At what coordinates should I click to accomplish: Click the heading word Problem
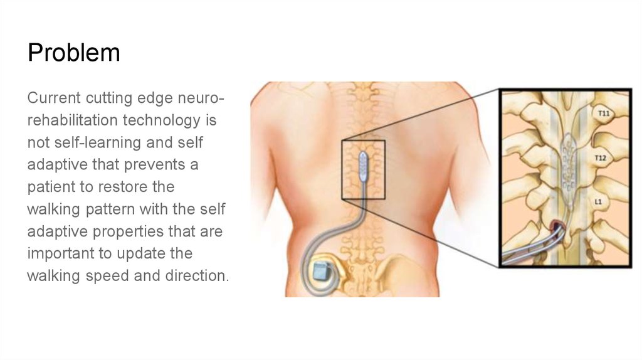coord(73,53)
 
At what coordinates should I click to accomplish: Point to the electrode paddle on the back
coord(363,163)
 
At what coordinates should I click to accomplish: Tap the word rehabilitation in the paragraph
coord(70,120)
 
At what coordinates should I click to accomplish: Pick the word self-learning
coord(87,142)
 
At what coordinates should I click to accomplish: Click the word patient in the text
coord(53,188)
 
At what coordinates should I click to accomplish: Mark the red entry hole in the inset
coord(556,226)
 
